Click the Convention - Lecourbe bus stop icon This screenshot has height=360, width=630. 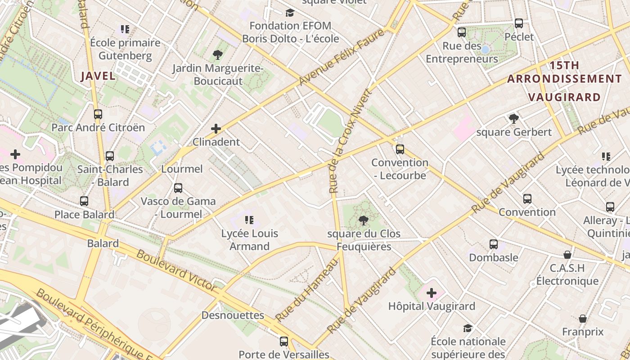point(400,149)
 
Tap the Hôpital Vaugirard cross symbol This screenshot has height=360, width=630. point(431,293)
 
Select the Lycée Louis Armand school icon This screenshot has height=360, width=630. point(249,220)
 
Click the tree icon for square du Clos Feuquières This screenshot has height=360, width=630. point(363,220)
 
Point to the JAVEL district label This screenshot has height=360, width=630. point(98,76)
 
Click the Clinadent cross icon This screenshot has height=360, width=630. point(216,129)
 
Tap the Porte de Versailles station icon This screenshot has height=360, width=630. point(283,342)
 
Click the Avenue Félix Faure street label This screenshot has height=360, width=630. point(342,57)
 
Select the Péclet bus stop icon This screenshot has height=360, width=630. point(519,23)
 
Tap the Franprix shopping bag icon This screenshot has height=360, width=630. point(583,319)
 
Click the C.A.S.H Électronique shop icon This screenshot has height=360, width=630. point(567,255)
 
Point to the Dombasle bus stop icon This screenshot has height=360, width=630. point(494,244)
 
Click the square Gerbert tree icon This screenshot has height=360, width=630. point(513,119)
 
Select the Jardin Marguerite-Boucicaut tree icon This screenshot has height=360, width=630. point(217,55)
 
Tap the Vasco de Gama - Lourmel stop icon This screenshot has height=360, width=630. point(178,188)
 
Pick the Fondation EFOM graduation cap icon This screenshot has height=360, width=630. point(290,13)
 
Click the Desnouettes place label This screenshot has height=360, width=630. point(233,315)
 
